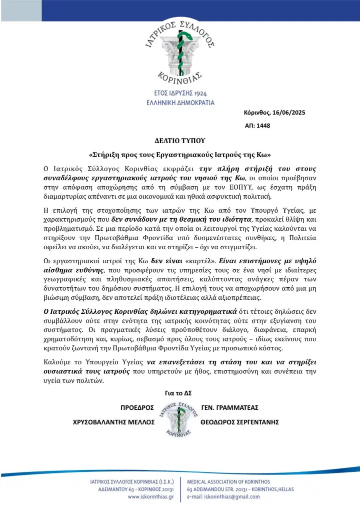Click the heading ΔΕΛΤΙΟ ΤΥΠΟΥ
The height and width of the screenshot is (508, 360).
[179, 141]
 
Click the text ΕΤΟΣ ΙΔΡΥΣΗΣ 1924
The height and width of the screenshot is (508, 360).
[180, 94]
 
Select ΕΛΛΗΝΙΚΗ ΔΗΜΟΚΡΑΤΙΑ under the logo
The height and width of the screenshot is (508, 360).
[180, 103]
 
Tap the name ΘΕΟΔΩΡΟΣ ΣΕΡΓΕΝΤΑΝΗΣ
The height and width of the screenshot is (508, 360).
[239, 422]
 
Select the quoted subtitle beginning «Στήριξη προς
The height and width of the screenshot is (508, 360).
[179, 155]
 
